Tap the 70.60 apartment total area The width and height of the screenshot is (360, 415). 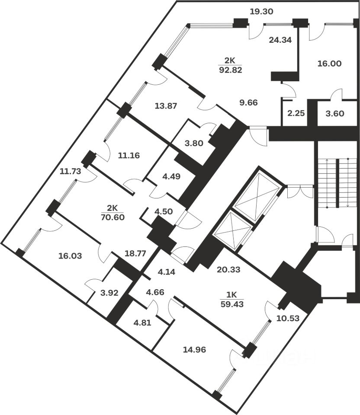[x=112, y=217]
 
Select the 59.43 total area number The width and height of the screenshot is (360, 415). [x=232, y=303]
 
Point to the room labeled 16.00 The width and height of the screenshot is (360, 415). [x=330, y=64]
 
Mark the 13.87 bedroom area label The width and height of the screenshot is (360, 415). [x=165, y=105]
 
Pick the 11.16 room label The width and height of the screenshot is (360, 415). [x=129, y=155]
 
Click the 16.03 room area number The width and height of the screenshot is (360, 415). [x=70, y=255]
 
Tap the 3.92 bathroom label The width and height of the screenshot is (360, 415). [x=109, y=293]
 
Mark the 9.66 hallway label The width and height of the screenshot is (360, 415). [x=248, y=102]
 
